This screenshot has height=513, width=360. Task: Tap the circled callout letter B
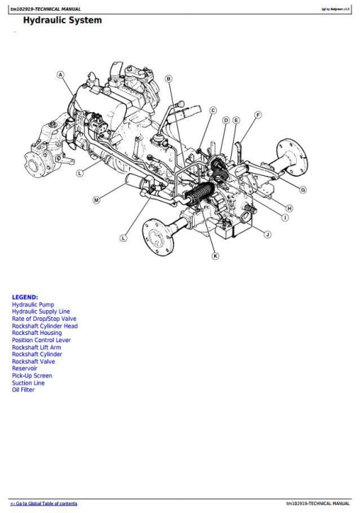pyautogui.click(x=168, y=78)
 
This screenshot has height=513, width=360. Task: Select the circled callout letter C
pyautogui.click(x=213, y=111)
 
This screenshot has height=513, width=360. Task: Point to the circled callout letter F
pyautogui.click(x=258, y=115)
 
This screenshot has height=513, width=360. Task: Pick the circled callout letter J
pyautogui.click(x=267, y=234)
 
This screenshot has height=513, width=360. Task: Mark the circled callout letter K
pyautogui.click(x=215, y=256)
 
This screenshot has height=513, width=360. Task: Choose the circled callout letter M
pyautogui.click(x=96, y=199)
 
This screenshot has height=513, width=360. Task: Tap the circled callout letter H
pyautogui.click(x=289, y=208)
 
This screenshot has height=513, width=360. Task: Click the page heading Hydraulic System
pyautogui.click(x=57, y=21)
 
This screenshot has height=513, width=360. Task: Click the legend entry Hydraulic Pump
pyautogui.click(x=32, y=304)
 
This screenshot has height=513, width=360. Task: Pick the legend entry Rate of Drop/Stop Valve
pyautogui.click(x=44, y=319)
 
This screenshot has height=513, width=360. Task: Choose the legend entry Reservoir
pyautogui.click(x=25, y=369)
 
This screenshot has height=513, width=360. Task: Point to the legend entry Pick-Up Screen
pyautogui.click(x=32, y=376)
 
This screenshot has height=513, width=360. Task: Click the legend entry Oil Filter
pyautogui.click(x=23, y=390)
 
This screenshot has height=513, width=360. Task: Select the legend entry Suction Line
pyautogui.click(x=28, y=383)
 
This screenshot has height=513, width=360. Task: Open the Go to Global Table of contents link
pyautogui.click(x=43, y=503)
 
